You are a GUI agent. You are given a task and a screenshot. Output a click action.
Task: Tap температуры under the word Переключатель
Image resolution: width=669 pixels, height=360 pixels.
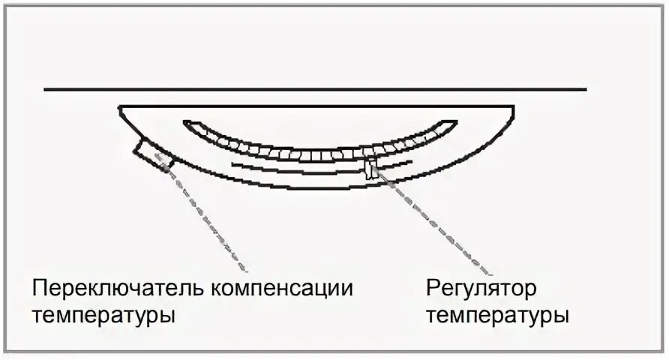coord(103,314)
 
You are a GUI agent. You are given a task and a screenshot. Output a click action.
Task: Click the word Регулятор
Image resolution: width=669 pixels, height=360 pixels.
coord(481,288)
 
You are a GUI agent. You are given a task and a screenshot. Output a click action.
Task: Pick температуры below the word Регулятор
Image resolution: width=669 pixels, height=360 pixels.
coord(498,314)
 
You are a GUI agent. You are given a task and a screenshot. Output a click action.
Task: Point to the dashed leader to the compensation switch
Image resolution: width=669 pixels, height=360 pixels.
coord(202,214)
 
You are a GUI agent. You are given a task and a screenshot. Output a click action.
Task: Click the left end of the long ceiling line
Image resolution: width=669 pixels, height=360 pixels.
coord(45,90)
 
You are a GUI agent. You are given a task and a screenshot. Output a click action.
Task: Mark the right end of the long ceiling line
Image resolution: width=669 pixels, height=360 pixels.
coord(586,90)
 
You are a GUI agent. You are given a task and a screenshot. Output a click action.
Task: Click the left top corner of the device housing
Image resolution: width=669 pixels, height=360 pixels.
coord(120,107)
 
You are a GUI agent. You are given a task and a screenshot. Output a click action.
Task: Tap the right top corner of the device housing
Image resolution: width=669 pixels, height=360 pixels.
coord(514,107)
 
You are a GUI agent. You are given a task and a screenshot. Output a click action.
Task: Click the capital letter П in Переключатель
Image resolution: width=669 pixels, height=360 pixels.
coord(38,288)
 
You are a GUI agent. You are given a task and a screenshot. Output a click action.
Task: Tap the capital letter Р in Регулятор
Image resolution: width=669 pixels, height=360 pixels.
coord(433,288)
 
